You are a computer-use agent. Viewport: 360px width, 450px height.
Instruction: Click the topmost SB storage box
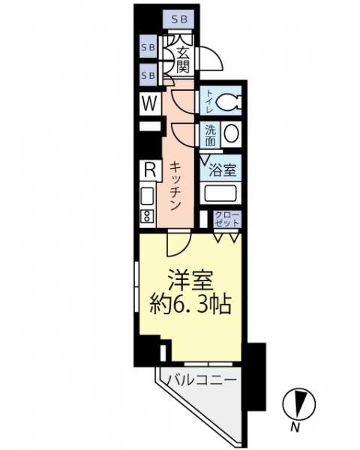178,19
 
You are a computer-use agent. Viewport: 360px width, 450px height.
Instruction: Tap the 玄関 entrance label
182,60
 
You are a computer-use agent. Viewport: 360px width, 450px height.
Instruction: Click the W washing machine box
150,103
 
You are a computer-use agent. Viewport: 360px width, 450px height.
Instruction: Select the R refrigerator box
150,171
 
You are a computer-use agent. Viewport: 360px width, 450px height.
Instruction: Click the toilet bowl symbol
228,101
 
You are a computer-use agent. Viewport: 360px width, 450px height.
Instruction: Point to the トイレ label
208,101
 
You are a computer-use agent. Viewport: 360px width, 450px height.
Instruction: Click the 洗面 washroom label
210,134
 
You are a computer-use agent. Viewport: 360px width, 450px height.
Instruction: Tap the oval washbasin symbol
232,133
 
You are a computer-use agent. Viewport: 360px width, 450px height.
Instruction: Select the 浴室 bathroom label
223,170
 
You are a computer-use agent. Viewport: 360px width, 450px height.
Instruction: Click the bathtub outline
221,193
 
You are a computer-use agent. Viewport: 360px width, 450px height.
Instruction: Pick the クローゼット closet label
227,219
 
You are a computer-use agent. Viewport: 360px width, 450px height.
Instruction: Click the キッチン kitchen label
175,186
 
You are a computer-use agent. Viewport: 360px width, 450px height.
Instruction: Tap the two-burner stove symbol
146,217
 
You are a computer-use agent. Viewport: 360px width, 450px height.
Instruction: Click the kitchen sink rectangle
147,196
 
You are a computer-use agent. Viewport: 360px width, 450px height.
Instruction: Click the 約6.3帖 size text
190,304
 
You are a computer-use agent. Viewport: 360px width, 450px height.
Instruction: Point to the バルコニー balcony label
202,381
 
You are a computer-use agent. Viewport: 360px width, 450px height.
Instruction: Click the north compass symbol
298,403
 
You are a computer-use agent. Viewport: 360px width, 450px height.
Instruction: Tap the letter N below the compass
295,428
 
